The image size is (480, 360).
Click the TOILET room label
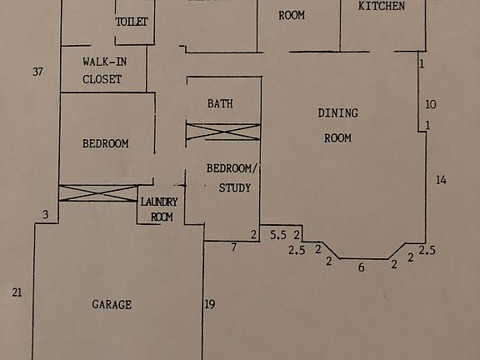tap(132, 22)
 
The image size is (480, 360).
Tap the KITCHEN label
tap(382, 7)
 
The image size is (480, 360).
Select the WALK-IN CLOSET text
tap(102, 71)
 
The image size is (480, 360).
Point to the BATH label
tap(220, 104)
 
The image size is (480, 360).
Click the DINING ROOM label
tap(337, 125)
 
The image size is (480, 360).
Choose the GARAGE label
tap(112, 305)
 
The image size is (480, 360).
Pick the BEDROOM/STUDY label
tap(233, 177)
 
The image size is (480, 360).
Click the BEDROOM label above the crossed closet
tap(106, 143)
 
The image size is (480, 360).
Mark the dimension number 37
tap(37, 72)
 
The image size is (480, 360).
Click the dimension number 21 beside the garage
tap(16, 292)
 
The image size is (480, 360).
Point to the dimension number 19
tap(210, 304)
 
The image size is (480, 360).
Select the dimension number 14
tap(441, 180)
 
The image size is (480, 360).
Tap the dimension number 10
tap(430, 105)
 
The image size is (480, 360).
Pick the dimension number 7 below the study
tap(234, 247)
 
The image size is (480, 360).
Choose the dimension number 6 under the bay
tap(361, 267)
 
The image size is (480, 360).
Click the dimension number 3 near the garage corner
tap(46, 215)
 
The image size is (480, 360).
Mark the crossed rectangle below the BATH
tap(222, 132)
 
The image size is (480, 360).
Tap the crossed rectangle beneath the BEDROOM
tap(97, 193)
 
